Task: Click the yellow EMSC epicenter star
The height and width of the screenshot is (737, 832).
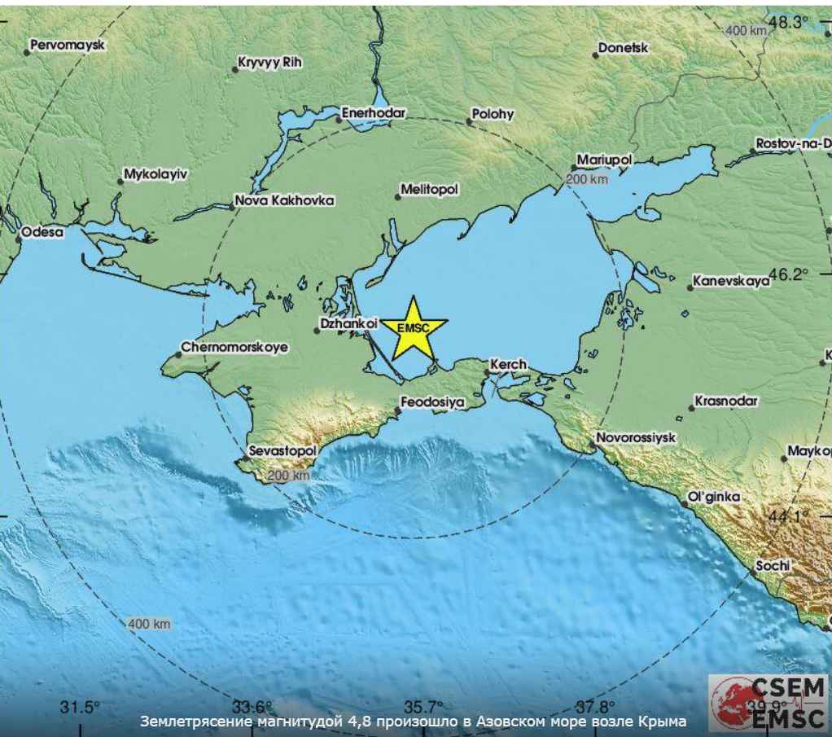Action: [414, 328]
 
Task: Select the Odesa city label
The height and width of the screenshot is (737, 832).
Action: [42, 232]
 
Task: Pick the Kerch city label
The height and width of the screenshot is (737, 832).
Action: [509, 365]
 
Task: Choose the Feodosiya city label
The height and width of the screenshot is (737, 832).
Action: [435, 402]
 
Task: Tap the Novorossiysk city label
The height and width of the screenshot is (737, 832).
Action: [636, 437]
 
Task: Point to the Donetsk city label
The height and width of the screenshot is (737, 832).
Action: [623, 48]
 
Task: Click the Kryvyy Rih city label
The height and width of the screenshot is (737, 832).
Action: [269, 62]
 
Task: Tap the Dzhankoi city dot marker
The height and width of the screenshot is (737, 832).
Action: [317, 331]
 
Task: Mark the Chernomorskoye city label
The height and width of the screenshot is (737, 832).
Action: [234, 348]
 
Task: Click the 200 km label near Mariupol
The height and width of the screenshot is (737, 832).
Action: [587, 179]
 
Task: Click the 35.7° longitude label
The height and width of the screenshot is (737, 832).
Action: [425, 706]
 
